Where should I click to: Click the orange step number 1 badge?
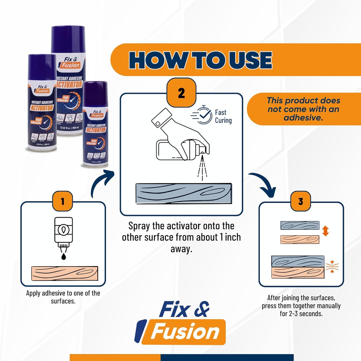62,201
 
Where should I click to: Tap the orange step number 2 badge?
181,93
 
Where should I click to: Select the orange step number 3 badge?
301,201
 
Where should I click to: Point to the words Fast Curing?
223,116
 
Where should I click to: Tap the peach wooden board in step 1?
64,273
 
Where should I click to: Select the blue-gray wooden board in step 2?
184,194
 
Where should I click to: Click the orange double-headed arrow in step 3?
325,231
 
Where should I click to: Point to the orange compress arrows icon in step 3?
332,267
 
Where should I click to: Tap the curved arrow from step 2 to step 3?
264,184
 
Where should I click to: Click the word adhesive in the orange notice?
303,118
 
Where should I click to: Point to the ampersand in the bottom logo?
201,309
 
